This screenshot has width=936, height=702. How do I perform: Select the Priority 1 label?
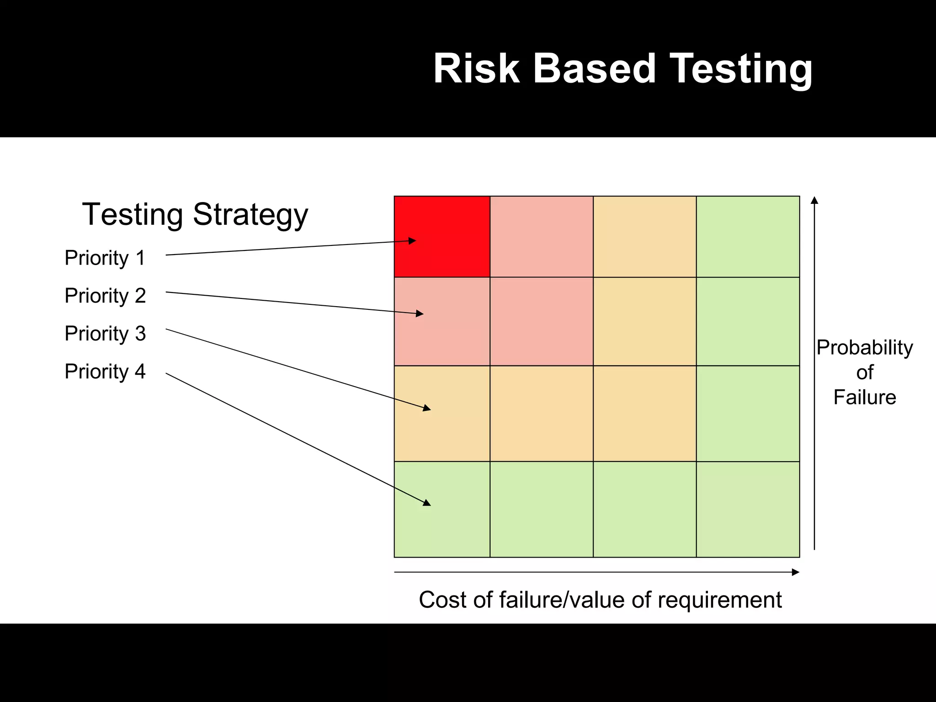pos(105,258)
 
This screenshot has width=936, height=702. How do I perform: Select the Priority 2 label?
pos(105,296)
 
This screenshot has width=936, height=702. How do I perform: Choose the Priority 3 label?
pos(105,333)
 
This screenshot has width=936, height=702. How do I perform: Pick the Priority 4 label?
pos(105,371)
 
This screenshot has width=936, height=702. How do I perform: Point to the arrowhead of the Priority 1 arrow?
pos(413,240)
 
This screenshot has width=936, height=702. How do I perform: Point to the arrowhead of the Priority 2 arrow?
pos(420,314)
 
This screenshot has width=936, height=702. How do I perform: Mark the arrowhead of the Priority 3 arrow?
pos(427,408)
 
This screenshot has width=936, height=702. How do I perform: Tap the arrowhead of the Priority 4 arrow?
pos(427,503)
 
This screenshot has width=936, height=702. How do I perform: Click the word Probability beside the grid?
pos(864,347)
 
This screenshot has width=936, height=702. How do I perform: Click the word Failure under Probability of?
pos(864,397)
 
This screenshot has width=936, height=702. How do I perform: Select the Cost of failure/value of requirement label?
pos(600,600)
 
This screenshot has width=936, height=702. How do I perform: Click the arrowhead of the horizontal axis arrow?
pos(796,572)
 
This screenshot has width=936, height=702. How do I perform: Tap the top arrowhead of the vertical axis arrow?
pos(814,200)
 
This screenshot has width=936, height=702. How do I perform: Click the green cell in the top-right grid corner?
pos(748,236)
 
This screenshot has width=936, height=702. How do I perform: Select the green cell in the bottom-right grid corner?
pos(748,509)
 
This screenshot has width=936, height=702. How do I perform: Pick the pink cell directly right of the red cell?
pos(542,236)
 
